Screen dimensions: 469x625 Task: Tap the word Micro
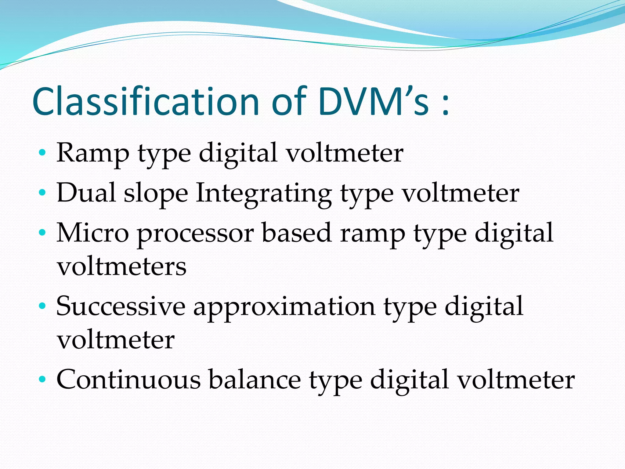coord(93,233)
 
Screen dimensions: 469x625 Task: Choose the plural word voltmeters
coord(121,266)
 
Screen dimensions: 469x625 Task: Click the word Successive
coord(121,306)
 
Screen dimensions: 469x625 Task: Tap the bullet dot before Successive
coord(42,305)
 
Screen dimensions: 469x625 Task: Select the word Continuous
coord(128,380)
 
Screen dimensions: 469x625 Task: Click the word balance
coord(255,380)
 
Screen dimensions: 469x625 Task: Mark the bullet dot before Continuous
coord(42,379)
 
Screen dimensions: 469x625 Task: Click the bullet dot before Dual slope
coord(42,192)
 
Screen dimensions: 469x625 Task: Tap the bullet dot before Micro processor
coord(42,232)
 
